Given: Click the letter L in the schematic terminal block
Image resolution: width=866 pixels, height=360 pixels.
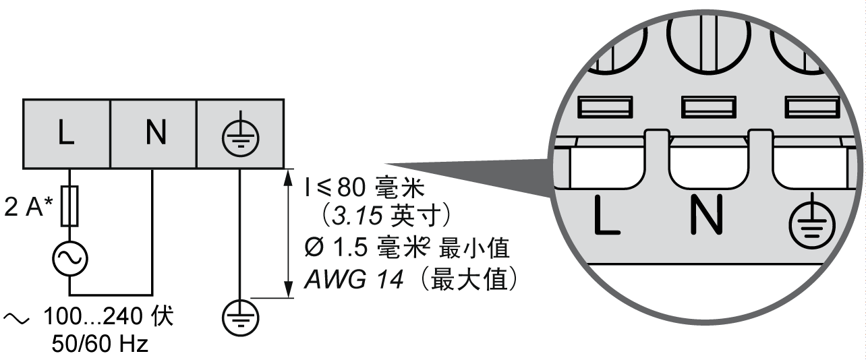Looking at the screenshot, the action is tap(65, 133).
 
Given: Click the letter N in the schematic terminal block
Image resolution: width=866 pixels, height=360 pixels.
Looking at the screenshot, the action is tap(156, 133).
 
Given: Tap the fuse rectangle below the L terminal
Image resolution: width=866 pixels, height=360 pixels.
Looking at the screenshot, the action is tap(70, 206).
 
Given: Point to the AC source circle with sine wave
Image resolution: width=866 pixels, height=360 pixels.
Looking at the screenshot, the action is tap(70, 259).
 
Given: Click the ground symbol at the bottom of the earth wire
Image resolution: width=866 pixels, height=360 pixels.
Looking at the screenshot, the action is tap(241, 318).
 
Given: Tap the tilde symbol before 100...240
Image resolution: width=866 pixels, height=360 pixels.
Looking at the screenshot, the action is tap(16, 318).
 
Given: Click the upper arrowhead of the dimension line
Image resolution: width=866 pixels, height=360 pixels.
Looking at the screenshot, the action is tap(288, 179).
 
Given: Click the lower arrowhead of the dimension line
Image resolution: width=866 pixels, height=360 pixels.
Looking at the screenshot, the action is tap(288, 289).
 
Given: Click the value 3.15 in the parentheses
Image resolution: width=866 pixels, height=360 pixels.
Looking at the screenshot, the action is tap(357, 216).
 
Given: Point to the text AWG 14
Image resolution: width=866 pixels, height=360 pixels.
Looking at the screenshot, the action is tap(353, 279).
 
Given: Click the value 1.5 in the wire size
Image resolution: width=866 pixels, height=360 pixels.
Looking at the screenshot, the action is tap(349, 247).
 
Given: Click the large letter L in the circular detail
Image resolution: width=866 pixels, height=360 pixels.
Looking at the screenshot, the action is tap(606, 215).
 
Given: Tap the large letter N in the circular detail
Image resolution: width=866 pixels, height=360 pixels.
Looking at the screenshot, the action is tap(707, 214).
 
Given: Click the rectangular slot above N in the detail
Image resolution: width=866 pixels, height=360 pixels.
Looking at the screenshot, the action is tap(708, 107).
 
